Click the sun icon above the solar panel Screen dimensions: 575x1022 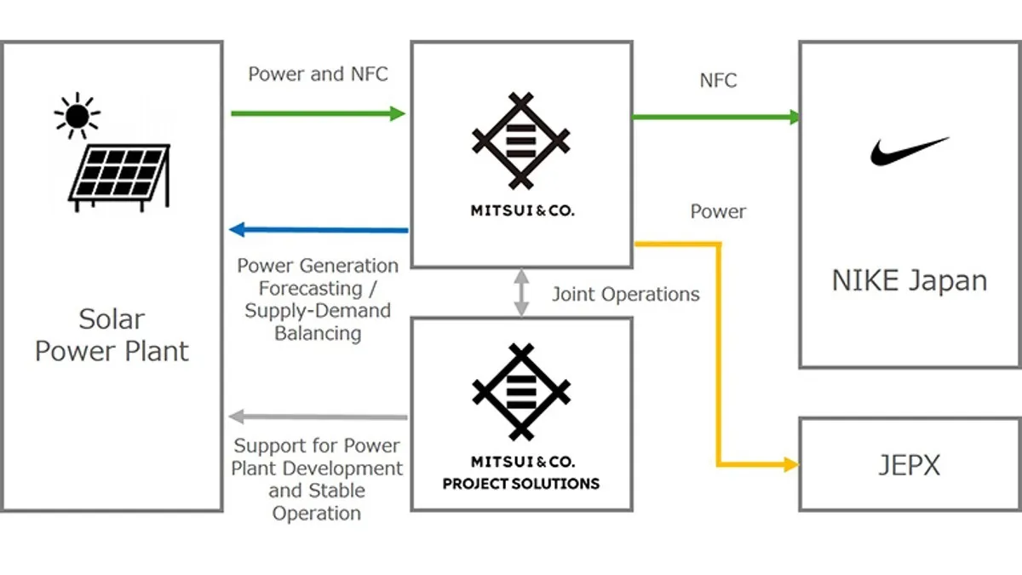[x=76, y=114]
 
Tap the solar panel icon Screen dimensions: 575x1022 [x=119, y=177]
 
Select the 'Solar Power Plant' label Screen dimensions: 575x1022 [x=112, y=335]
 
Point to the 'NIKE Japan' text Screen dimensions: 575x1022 [x=909, y=280]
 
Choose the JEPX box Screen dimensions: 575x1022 [x=909, y=464]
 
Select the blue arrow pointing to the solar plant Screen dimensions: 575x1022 [x=319, y=229]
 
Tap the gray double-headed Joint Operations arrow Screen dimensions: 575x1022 [x=521, y=292]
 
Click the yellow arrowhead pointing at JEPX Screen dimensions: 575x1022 [x=790, y=464]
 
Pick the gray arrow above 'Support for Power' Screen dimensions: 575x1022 [x=319, y=417]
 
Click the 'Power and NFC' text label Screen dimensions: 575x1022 [x=318, y=74]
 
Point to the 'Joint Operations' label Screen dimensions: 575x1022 [x=625, y=295]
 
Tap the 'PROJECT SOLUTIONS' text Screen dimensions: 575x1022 [x=520, y=484]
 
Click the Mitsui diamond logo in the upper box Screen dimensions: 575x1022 [x=520, y=141]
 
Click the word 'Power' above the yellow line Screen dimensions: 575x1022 [x=717, y=211]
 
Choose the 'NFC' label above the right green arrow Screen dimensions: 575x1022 [x=717, y=81]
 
